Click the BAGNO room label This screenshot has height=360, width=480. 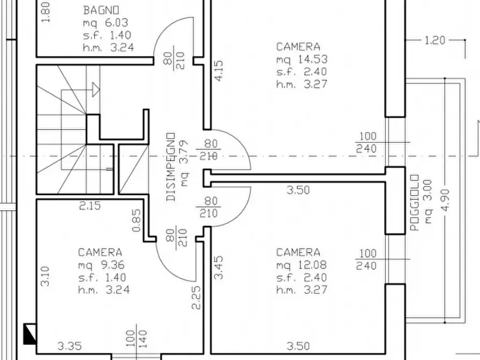coord(101,10)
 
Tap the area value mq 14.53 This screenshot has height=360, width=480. coord(302,59)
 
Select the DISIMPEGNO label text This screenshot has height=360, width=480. coord(171,167)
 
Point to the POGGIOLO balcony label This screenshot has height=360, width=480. coord(414,203)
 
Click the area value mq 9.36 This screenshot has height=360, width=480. coord(102,265)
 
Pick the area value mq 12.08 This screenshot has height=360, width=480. coord(302,265)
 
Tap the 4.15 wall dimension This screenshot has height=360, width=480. coord(219,71)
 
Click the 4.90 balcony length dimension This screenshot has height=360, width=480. coord(446,200)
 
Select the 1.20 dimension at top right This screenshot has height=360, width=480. coord(435,40)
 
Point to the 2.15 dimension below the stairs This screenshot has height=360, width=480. coord(90,206)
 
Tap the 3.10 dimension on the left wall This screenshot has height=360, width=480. coord(45,276)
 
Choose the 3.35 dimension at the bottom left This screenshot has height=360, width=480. coord(69,346)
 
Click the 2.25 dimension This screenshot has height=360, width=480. coord(196,298)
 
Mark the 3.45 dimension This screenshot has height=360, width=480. coord(219,268)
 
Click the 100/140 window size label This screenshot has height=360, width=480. coord(137,339)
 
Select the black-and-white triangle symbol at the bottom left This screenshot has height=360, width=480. coord(30,334)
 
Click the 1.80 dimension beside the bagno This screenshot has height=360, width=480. coord(45,12)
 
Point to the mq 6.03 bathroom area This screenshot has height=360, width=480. coord(105,23)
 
